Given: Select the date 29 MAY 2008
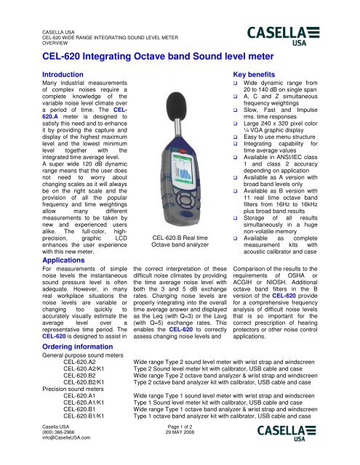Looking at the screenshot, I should (181, 438).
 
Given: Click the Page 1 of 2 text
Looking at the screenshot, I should (181, 432).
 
